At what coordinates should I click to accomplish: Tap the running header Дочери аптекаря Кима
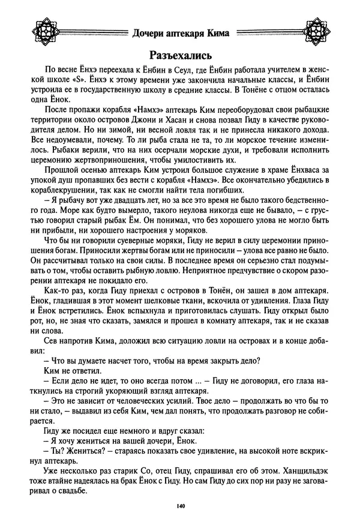tap(179, 34)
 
